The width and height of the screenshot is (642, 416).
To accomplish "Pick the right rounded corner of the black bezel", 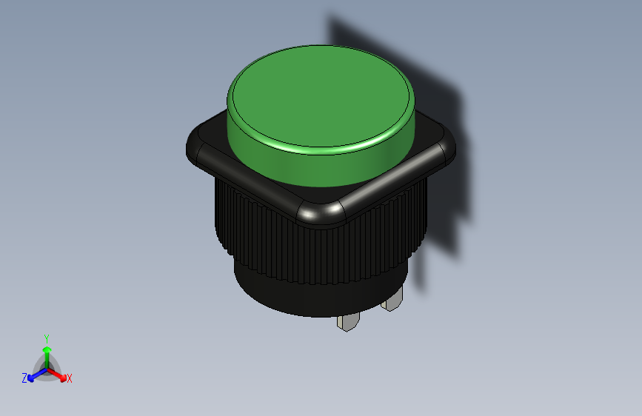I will click(447, 148).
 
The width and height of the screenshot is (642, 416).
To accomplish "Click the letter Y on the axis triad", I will click(47, 337).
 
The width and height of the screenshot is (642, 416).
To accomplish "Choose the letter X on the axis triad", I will click(70, 379).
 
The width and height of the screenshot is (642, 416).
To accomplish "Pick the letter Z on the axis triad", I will click(24, 378).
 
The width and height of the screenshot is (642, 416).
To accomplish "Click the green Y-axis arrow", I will click(47, 352).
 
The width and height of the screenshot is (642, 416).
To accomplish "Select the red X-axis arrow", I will click(58, 373).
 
